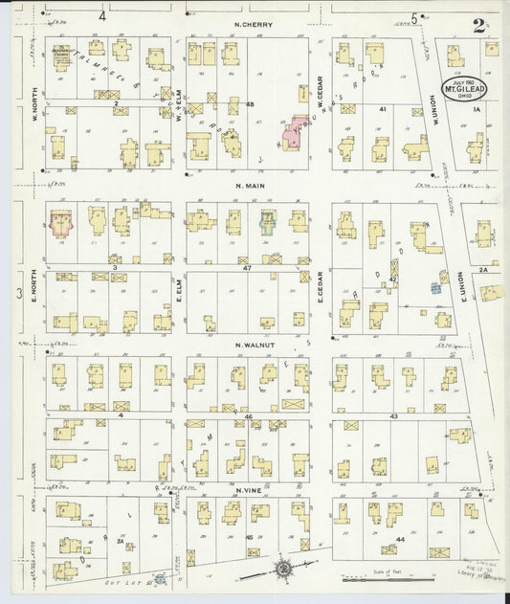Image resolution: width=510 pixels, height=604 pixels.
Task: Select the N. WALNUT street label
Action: (255, 342)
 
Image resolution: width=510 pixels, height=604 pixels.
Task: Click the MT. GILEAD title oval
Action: (461, 90)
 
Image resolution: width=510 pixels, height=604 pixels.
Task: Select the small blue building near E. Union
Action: (435, 287)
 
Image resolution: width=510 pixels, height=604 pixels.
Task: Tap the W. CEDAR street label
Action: (321, 96)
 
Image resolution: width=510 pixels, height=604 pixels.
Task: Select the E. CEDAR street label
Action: (321, 287)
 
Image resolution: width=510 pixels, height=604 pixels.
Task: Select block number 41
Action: (382, 110)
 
